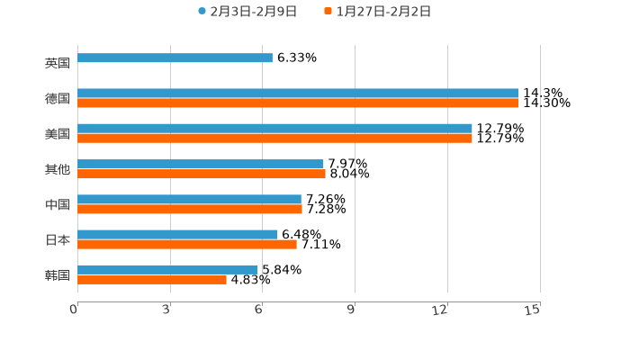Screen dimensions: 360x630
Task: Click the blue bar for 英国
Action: [x=175, y=58]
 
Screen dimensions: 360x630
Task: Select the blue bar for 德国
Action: [x=298, y=94]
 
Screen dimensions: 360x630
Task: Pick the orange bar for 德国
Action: [x=298, y=103]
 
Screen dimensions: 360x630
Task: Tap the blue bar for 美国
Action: [x=274, y=129]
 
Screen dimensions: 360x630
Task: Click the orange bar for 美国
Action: [x=274, y=139]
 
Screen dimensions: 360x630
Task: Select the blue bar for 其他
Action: [x=201, y=164]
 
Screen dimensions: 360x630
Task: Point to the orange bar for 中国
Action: [x=190, y=210]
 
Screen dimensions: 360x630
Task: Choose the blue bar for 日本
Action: [x=177, y=235]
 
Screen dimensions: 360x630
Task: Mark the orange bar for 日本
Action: [x=187, y=245]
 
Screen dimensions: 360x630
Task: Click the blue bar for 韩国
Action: [x=167, y=270]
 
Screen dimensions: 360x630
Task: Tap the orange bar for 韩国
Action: [x=152, y=280]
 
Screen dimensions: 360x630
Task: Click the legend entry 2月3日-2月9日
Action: [x=247, y=12]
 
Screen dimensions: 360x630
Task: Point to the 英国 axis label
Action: [x=57, y=64]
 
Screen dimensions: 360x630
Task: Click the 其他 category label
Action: [x=57, y=169]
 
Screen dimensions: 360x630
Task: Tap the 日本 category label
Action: [x=57, y=240]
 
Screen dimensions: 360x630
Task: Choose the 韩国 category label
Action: [x=57, y=275]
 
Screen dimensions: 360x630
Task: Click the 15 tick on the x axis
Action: [x=532, y=310]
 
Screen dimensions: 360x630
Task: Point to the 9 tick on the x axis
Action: [x=351, y=310]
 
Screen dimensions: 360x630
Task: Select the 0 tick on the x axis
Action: [x=74, y=310]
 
